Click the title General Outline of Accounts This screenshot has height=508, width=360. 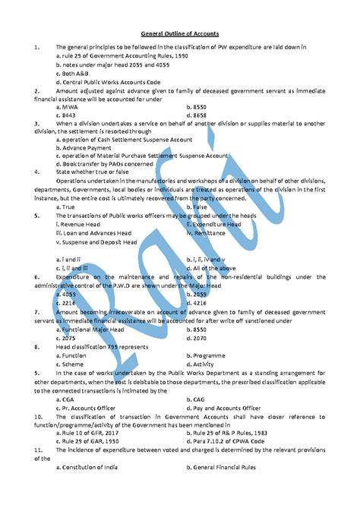tap(180, 34)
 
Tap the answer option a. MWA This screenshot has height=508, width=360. tap(71, 107)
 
